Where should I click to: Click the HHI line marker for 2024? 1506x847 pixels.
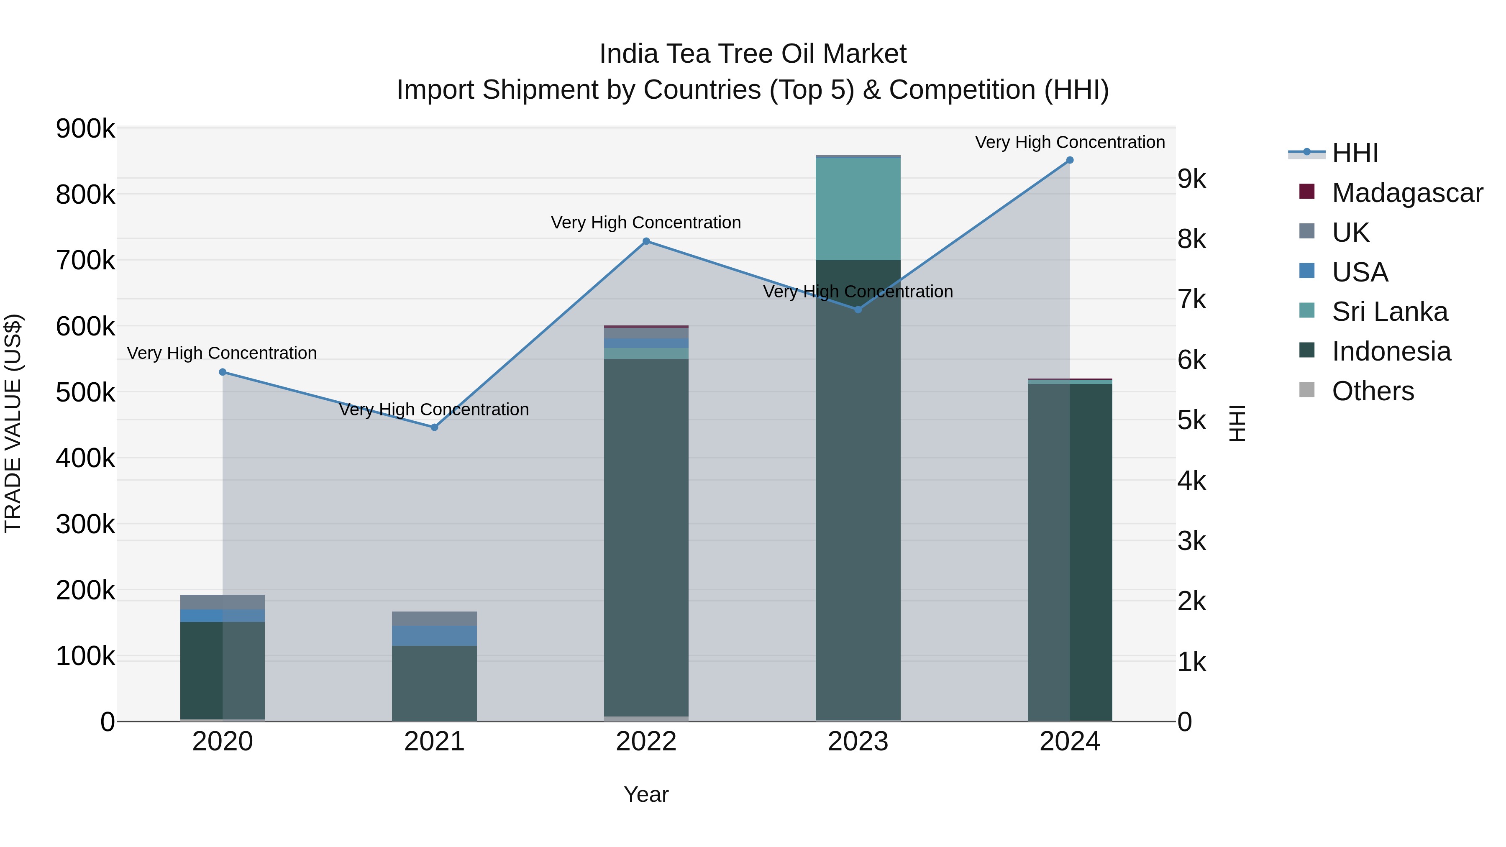click(1069, 160)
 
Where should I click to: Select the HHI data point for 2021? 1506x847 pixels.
click(434, 427)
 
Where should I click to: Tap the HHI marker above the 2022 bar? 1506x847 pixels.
click(646, 241)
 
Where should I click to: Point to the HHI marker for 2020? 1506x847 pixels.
click(223, 372)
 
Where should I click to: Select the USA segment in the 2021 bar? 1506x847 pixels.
click(434, 635)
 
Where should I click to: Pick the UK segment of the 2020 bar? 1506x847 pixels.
click(223, 602)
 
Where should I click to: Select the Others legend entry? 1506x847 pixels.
click(1372, 391)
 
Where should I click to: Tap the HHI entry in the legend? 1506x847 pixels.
click(1355, 153)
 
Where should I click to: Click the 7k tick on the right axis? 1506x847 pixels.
click(1191, 299)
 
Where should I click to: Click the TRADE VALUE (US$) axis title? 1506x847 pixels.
click(13, 423)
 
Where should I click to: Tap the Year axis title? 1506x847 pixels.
click(646, 794)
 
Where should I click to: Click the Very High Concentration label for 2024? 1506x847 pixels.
click(1069, 143)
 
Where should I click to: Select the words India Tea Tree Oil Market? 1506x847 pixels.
click(753, 54)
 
